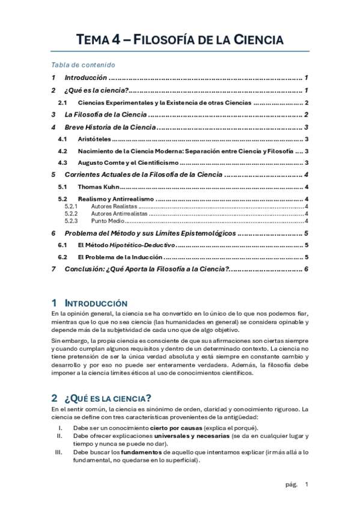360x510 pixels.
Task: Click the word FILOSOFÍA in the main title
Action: pyautogui.click(x=167, y=41)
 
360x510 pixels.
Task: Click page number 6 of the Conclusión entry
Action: pyautogui.click(x=306, y=269)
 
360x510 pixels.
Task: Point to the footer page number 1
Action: pyautogui.click(x=307, y=484)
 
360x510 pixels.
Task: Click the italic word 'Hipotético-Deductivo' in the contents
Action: pyautogui.click(x=145, y=245)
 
